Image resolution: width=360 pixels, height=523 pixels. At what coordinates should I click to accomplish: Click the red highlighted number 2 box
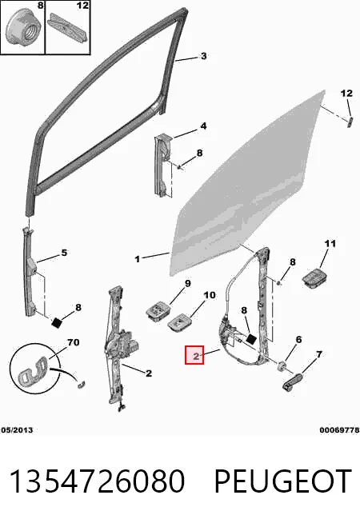point(194,354)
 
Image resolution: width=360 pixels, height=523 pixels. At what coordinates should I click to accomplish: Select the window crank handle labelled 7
point(292,382)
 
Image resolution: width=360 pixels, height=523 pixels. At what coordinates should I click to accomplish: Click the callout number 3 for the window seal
point(203,56)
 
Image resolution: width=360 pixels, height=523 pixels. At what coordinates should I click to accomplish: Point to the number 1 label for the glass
point(138,259)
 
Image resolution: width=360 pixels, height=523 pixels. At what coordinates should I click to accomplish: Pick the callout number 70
point(73,342)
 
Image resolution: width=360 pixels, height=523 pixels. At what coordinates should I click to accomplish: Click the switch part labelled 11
point(314,277)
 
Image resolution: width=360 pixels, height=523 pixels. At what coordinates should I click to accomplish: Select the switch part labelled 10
point(179,321)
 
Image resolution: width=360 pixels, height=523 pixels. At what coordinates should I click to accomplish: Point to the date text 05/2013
point(17,430)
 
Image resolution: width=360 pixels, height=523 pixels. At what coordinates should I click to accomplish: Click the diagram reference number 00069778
point(339,430)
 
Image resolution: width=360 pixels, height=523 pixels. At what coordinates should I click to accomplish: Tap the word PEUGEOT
point(282,481)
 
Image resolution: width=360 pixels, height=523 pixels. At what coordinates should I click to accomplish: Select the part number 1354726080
point(97,481)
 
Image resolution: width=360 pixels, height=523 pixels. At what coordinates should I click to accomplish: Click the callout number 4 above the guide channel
point(203,126)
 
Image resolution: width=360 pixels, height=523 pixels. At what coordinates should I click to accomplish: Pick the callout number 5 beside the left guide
point(64,253)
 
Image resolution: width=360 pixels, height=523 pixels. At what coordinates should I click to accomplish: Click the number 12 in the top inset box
point(82,6)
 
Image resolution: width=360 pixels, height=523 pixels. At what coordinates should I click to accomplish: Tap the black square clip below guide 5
point(57,322)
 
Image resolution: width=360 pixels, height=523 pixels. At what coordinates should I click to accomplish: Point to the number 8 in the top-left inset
point(40,6)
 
